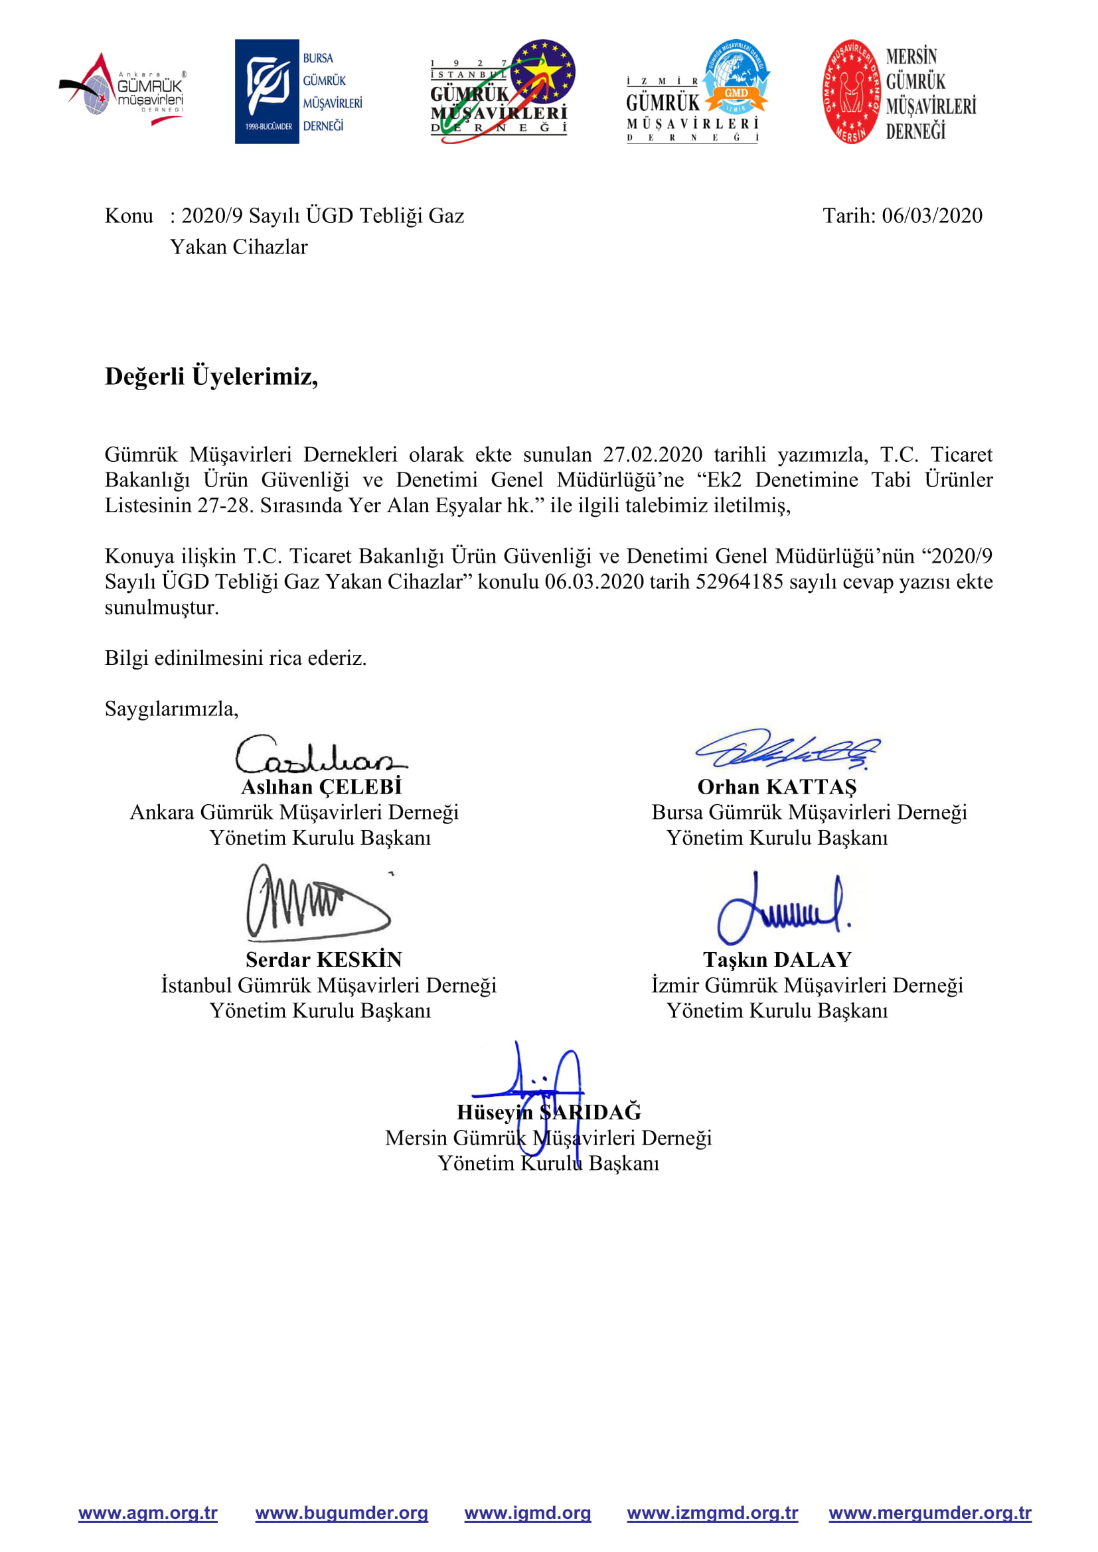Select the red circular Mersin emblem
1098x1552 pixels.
click(851, 92)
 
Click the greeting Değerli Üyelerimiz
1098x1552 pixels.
click(211, 376)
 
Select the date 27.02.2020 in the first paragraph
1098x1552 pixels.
click(653, 455)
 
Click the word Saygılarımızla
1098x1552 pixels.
click(171, 709)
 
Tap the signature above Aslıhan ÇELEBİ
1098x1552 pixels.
click(319, 756)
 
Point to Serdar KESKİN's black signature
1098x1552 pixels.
click(317, 903)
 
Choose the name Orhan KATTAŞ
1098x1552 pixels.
click(777, 787)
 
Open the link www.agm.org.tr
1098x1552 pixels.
click(148, 1512)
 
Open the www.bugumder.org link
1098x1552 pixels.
click(341, 1512)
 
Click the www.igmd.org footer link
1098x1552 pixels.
click(527, 1512)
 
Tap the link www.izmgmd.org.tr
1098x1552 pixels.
click(712, 1512)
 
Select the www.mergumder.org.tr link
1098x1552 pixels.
click(929, 1512)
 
